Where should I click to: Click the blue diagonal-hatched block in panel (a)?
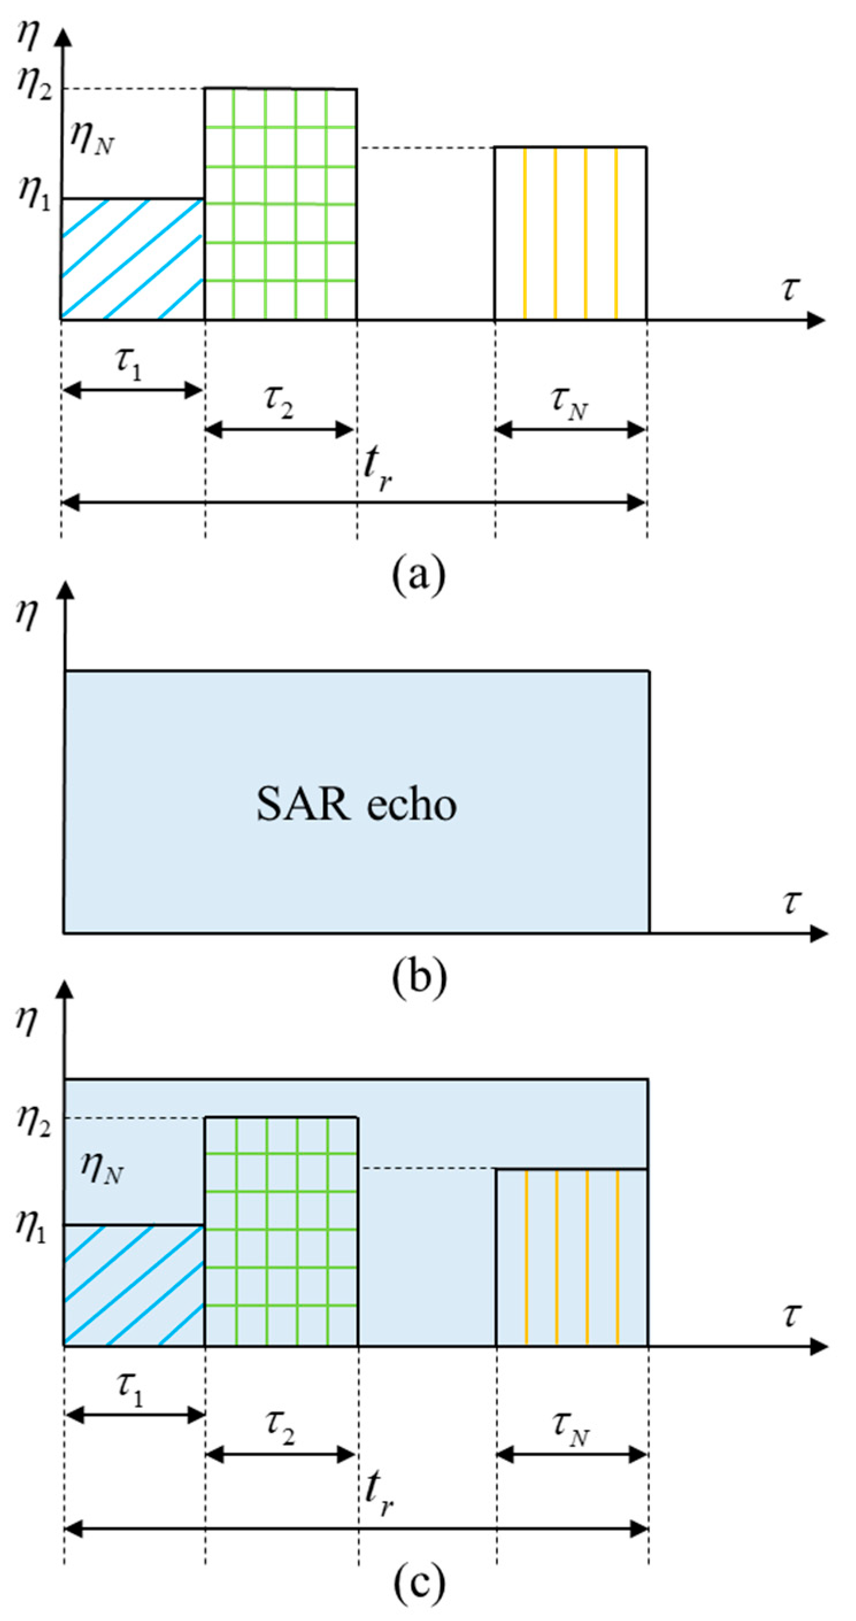(132, 259)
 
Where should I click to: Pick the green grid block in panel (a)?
(280, 204)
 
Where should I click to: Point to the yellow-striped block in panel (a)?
(570, 233)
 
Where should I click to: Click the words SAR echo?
(356, 805)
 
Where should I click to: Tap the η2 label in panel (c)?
(33, 1118)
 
